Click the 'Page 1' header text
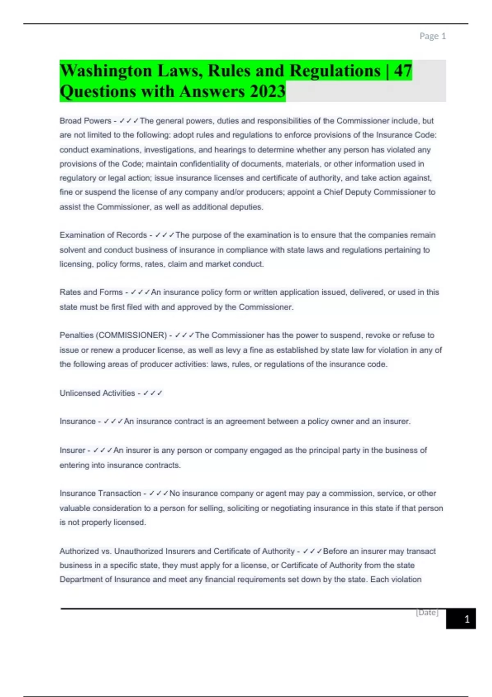(x=432, y=36)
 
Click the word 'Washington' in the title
(x=106, y=71)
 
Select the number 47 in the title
(x=403, y=71)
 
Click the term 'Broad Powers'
(x=85, y=121)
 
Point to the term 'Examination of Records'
(x=103, y=235)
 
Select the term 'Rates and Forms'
(x=91, y=292)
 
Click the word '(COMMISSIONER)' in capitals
(x=131, y=335)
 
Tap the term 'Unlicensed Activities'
(x=97, y=393)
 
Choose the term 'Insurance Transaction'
(x=100, y=493)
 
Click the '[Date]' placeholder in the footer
(x=427, y=613)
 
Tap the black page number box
(x=461, y=619)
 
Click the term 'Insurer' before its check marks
(x=72, y=451)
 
